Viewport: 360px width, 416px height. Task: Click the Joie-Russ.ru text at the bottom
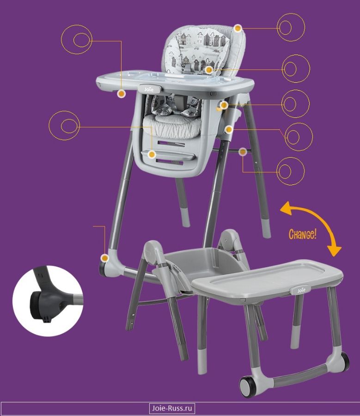[x=172, y=408]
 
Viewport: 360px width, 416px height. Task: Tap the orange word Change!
[x=302, y=234]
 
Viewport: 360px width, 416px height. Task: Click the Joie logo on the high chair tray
[x=149, y=89]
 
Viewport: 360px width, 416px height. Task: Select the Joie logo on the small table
[x=301, y=290]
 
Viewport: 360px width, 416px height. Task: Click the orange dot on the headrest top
[x=238, y=28]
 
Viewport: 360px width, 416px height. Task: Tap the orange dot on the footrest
[x=152, y=154]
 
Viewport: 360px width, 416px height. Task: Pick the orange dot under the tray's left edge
[x=122, y=94]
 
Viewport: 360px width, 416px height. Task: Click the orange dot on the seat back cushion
[x=209, y=70]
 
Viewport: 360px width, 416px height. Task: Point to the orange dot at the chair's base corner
[x=105, y=258]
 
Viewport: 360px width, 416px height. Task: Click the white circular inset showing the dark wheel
[x=48, y=301]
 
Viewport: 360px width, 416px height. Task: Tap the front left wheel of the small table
[x=248, y=386]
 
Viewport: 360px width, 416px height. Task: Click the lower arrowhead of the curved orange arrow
[x=334, y=251]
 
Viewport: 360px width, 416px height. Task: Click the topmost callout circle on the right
[x=291, y=27]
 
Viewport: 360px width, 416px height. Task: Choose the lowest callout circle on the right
[x=291, y=171]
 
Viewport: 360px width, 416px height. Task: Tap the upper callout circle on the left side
[x=77, y=40]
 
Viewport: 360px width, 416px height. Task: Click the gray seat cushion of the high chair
[x=172, y=128]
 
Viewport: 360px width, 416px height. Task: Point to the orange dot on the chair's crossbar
[x=243, y=152]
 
